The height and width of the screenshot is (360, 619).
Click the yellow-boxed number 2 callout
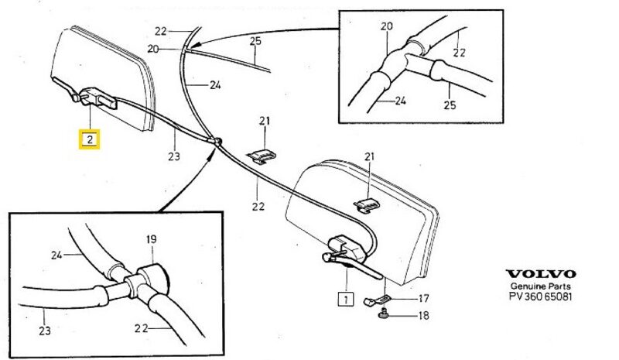tap(91, 140)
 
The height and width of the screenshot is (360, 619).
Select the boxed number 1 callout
tap(343, 297)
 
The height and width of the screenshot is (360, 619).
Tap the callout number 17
tap(422, 297)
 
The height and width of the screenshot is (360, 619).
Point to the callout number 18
tap(422, 316)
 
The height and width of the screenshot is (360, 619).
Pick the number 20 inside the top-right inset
tap(387, 26)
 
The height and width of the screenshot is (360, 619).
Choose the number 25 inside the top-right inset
tap(450, 105)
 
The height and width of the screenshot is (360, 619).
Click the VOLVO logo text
tap(541, 274)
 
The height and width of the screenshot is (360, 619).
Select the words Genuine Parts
tap(541, 286)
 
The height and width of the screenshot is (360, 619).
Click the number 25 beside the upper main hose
tap(256, 39)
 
